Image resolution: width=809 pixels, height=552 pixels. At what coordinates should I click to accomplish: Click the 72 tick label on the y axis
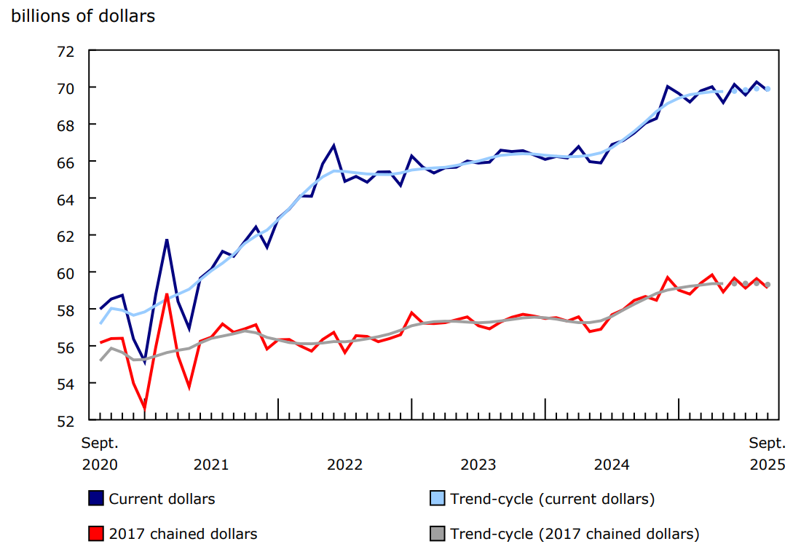tap(66, 51)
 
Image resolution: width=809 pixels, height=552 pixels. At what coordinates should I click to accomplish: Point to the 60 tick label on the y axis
tap(66, 272)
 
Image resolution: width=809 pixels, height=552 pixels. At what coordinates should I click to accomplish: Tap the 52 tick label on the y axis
tap(66, 420)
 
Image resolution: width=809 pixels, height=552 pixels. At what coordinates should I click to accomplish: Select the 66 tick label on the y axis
tap(66, 162)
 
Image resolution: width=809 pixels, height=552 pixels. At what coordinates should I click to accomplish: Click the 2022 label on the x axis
tap(344, 465)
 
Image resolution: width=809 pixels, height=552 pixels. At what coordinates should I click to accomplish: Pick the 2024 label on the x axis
tap(612, 465)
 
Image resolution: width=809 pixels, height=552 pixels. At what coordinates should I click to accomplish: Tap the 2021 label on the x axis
tap(211, 465)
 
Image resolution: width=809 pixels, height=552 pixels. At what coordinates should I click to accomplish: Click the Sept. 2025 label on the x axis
tap(767, 454)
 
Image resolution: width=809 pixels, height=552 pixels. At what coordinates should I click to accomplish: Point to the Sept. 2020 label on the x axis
tap(99, 454)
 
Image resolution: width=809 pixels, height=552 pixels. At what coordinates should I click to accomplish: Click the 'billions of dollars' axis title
tap(83, 16)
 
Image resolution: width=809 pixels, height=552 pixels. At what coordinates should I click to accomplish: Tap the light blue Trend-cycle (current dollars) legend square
tap(438, 498)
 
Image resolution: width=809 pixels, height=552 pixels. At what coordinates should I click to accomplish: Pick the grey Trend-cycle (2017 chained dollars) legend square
tap(438, 534)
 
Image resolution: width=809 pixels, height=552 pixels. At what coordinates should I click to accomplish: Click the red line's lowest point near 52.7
tap(145, 409)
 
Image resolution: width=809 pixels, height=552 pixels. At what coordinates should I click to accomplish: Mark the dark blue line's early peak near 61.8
tap(167, 240)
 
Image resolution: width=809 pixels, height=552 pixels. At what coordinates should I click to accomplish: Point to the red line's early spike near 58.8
tap(167, 294)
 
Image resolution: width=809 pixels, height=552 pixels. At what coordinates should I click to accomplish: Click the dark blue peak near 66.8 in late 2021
tap(334, 146)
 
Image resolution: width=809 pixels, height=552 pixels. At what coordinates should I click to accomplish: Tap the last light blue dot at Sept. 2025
tap(767, 89)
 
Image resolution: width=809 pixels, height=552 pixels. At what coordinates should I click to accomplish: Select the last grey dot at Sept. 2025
tap(767, 285)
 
